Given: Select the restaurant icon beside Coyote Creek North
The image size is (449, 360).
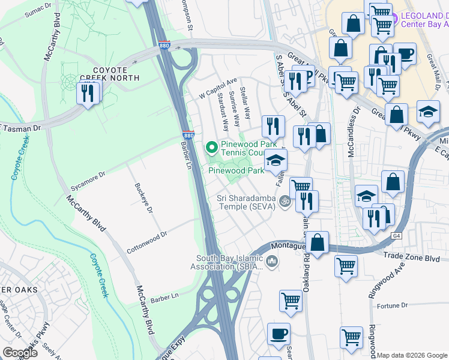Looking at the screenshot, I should pos(88,93).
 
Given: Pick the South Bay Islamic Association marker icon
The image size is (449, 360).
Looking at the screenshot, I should pos(272,262).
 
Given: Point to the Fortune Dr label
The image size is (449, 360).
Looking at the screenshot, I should pos(393,306).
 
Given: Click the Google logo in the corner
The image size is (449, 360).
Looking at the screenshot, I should pos(20,352).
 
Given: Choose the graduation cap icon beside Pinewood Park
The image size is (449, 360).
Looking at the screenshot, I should pos(276,160).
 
